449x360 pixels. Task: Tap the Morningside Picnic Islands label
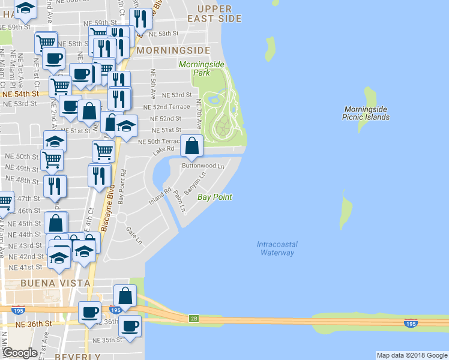pyautogui.click(x=367, y=113)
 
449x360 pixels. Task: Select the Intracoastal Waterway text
pyautogui.click(x=277, y=248)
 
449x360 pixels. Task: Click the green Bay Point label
pyautogui.click(x=215, y=197)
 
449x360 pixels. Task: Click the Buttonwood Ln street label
pyautogui.click(x=203, y=165)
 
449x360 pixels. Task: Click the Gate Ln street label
pyautogui.click(x=133, y=235)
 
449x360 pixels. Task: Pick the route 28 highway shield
pyautogui.click(x=193, y=319)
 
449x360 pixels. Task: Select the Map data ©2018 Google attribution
pyautogui.click(x=411, y=355)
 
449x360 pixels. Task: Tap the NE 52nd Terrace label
pyautogui.click(x=166, y=107)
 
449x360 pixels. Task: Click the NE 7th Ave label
pyautogui.click(x=199, y=115)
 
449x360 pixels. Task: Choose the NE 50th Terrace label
pyautogui.click(x=160, y=142)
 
